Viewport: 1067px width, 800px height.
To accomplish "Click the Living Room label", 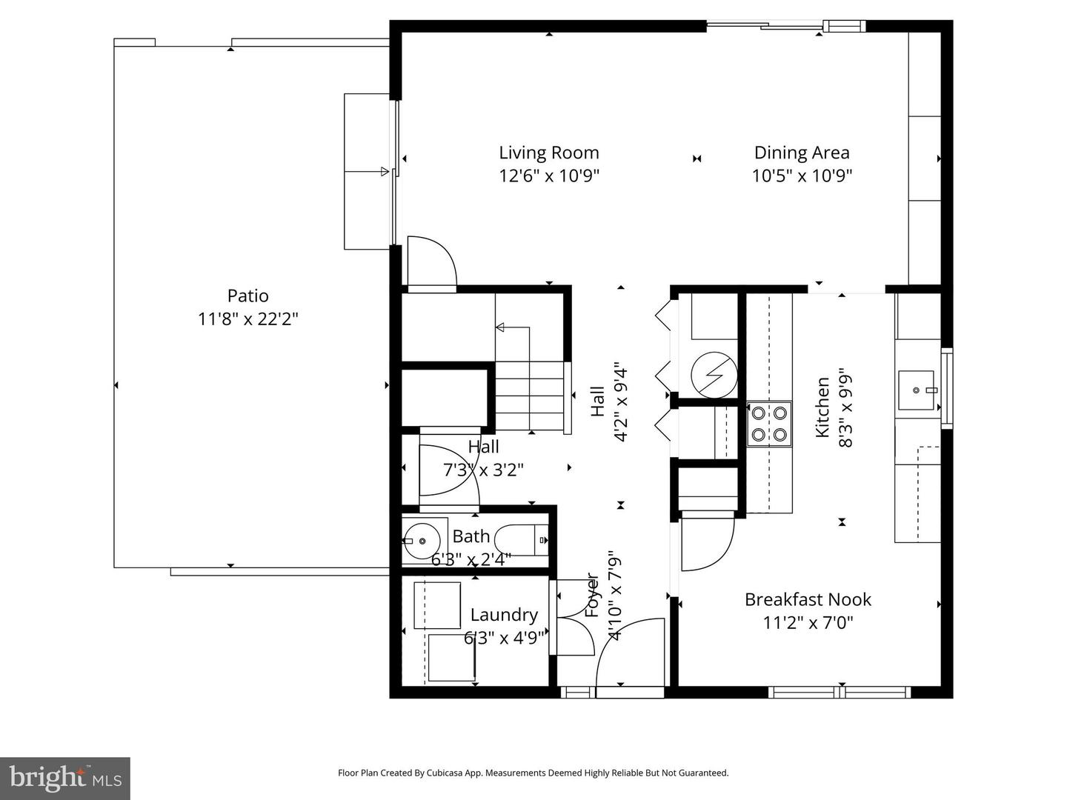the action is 549,153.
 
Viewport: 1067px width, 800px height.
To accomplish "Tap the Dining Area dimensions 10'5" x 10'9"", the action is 802,176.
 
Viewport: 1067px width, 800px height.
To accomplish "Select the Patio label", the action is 248,296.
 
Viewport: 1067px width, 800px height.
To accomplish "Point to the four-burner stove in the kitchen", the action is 769,423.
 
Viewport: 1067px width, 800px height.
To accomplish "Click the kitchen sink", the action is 916,390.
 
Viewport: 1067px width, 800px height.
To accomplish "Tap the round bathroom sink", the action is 422,541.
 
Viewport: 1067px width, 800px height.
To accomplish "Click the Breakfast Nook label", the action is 808,599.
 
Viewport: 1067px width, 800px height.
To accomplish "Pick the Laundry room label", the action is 504,615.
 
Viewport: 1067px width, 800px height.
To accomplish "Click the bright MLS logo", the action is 65,778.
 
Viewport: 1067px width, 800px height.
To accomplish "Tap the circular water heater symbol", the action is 714,375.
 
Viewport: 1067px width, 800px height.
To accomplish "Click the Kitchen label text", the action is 822,407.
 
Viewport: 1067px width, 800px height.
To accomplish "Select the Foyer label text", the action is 591,595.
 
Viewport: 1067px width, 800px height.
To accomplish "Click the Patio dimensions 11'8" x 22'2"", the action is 248,319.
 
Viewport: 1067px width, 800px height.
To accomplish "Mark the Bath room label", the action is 471,536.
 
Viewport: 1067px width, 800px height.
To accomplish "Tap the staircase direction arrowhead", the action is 499,327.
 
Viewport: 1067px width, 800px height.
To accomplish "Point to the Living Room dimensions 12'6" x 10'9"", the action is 549,176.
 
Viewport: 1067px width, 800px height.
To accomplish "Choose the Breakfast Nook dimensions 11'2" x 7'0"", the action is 808,623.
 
